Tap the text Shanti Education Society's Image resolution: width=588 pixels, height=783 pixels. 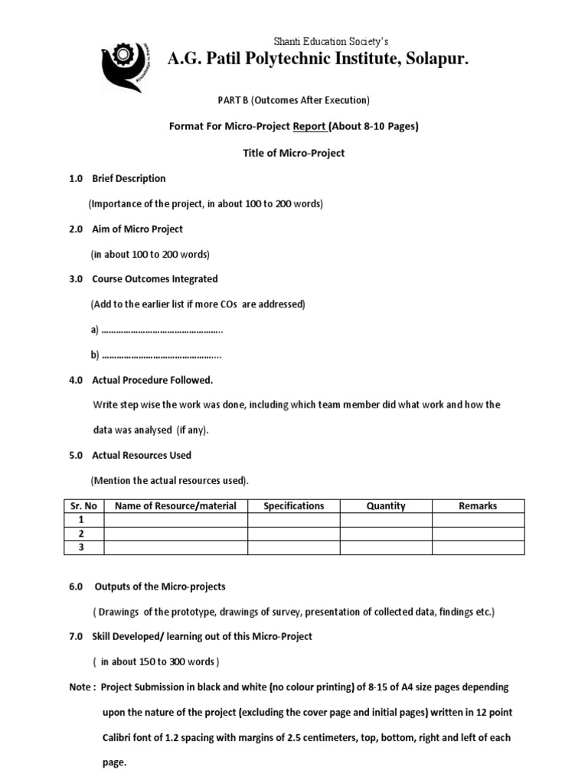coord(332,41)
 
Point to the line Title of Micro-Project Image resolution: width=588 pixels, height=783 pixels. coord(293,153)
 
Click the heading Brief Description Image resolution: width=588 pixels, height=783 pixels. coord(129,178)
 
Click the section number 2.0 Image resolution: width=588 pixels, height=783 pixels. coord(76,229)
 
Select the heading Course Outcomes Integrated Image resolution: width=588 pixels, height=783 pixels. coord(155,279)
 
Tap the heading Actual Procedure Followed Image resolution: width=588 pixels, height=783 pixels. coord(152,380)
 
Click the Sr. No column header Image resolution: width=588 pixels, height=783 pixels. coord(83,505)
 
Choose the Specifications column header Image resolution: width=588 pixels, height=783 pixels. coord(293,505)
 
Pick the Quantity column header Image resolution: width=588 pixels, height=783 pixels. coord(386,505)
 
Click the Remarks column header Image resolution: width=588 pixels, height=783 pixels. coord(478,505)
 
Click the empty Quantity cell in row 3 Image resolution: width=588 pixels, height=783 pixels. coord(386,547)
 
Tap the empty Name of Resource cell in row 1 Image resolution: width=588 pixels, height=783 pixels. coord(175,520)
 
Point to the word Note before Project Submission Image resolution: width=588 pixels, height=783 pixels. coord(80,687)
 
